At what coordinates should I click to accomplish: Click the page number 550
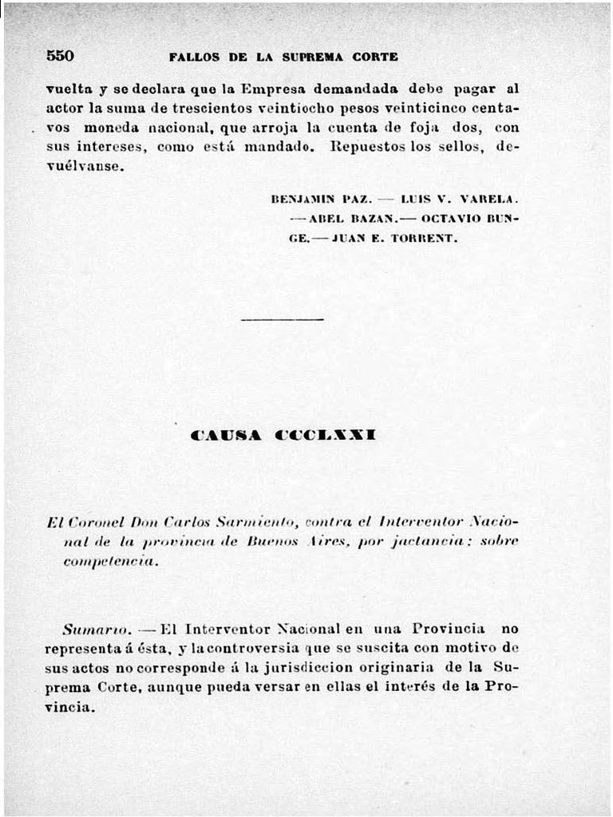(60, 56)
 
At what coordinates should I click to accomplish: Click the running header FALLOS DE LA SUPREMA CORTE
(283, 57)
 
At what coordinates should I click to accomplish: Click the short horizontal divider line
(282, 319)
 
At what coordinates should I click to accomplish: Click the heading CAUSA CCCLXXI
(283, 436)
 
